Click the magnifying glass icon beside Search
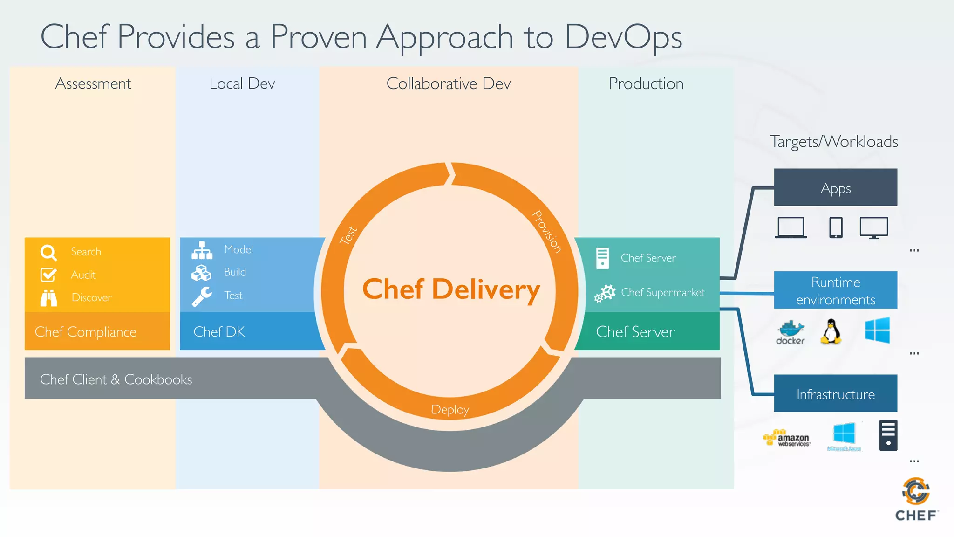(x=48, y=253)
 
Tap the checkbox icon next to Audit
(x=48, y=275)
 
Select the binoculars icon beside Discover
(x=48, y=298)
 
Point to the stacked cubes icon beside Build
(x=201, y=273)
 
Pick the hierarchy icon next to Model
(x=202, y=250)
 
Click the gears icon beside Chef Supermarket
(x=605, y=293)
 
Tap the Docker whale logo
(x=790, y=332)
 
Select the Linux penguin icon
(x=831, y=331)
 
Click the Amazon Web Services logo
(x=787, y=438)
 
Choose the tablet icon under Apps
(x=836, y=227)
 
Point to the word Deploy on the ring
(x=450, y=409)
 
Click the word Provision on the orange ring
(x=547, y=232)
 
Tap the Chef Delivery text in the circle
(x=451, y=289)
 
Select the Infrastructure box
(x=835, y=393)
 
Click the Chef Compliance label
(x=86, y=332)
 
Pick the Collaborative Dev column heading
(x=448, y=83)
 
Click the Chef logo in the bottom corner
(x=916, y=499)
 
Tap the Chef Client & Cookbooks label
(x=116, y=379)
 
